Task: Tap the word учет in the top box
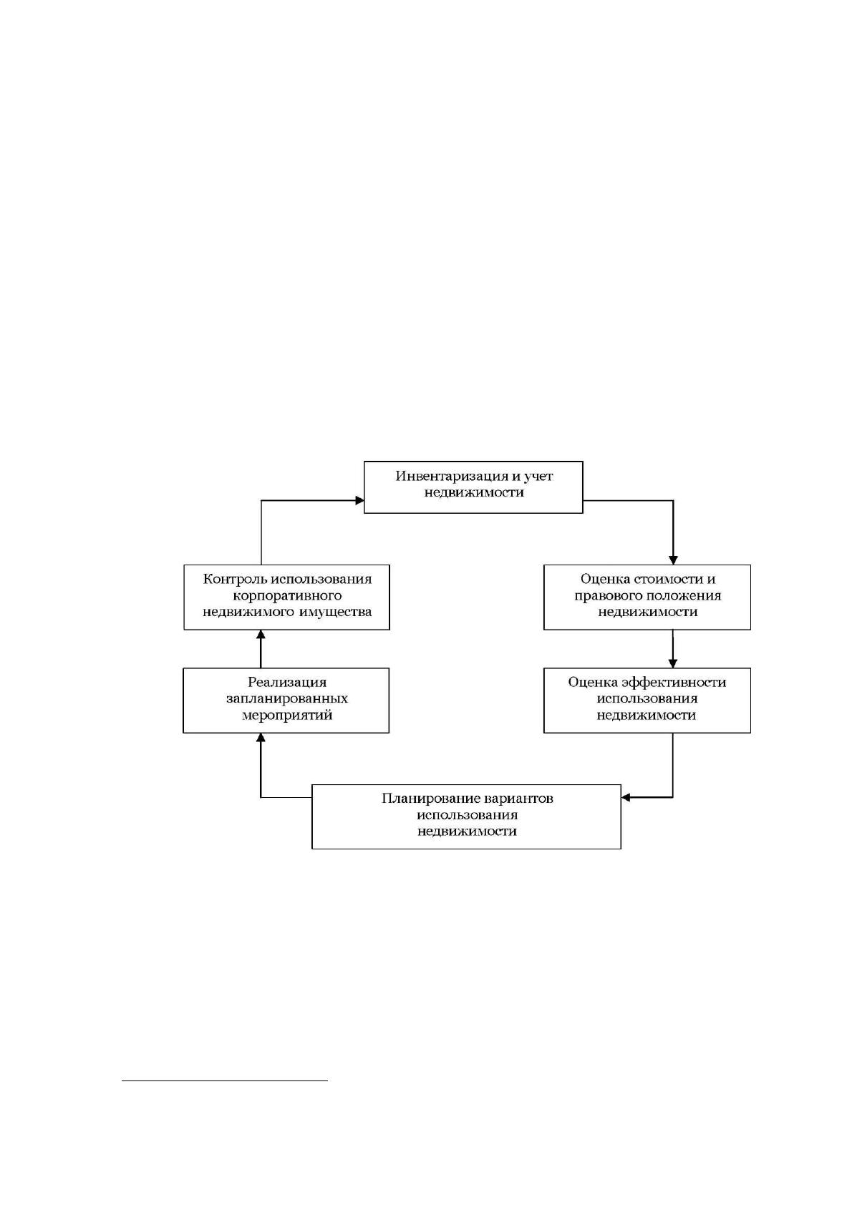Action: [538, 476]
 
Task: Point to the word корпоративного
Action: [287, 596]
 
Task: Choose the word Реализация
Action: [287, 683]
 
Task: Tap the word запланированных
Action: [287, 699]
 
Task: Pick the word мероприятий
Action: [287, 716]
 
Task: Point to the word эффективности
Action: [674, 683]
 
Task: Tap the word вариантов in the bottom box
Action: [518, 799]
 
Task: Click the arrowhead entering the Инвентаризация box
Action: [359, 501]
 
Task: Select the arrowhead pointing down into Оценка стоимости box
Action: [673, 560]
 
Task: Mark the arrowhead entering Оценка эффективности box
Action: [673, 664]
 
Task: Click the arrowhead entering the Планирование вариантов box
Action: [626, 797]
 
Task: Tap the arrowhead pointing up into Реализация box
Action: [261, 738]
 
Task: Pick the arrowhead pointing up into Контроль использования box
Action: [261, 634]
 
